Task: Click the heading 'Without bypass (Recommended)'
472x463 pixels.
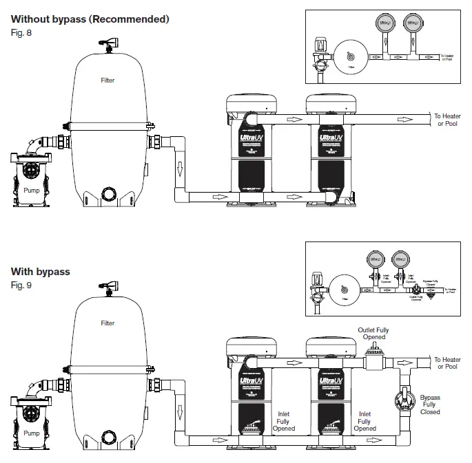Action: [90, 19]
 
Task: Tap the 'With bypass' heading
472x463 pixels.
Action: [41, 272]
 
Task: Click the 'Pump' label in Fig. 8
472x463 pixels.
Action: [32, 191]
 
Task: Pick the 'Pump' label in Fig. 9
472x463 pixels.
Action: [32, 433]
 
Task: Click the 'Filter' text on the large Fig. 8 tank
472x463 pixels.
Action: [107, 80]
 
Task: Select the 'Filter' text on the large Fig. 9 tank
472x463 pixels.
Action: [107, 323]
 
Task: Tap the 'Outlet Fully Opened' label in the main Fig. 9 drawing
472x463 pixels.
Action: [373, 334]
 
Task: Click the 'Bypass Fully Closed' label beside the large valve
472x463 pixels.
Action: [430, 405]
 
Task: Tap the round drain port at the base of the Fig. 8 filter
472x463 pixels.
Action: [107, 193]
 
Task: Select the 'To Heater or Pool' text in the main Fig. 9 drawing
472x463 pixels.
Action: [447, 363]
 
